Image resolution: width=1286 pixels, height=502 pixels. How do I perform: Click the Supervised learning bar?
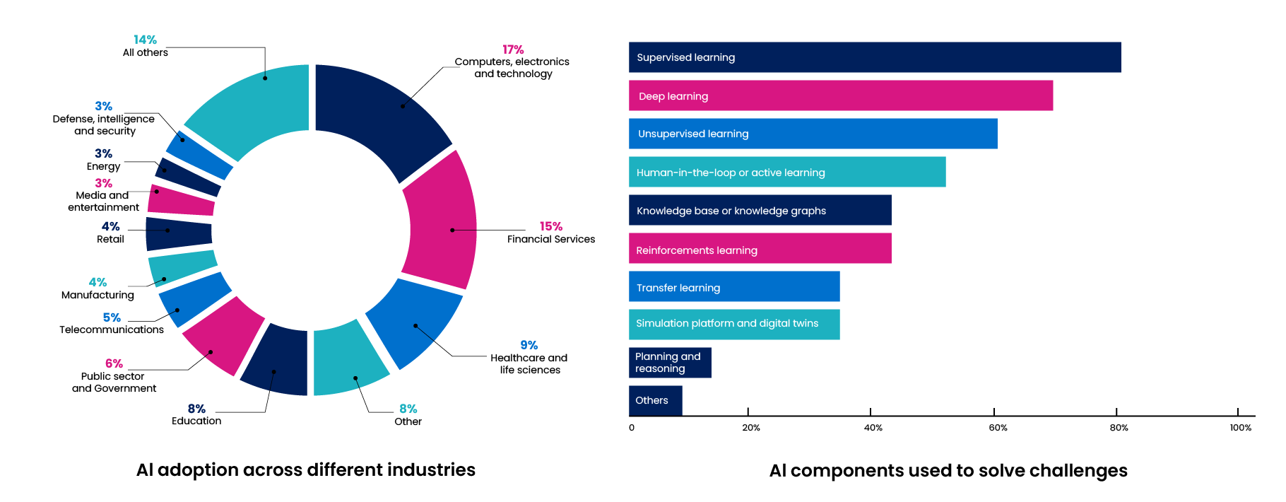875,57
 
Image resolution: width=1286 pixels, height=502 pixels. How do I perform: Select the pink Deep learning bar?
841,95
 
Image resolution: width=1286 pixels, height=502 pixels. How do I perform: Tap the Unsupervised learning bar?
813,134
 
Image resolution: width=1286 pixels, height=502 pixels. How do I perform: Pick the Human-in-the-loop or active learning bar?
787,172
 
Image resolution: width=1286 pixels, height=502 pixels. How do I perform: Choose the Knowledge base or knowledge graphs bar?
760,210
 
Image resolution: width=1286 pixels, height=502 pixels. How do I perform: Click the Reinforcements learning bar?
760,248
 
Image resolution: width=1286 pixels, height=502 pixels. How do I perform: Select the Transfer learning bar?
734,286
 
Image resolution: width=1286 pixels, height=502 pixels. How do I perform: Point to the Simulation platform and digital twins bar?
734,325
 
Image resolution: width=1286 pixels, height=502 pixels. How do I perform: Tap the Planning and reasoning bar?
670,363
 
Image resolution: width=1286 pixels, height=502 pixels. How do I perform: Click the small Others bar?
655,400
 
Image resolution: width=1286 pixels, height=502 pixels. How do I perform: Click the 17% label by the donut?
513,49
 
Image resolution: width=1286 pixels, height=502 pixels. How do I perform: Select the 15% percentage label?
550,226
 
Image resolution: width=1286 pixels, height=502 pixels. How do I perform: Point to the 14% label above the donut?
145,40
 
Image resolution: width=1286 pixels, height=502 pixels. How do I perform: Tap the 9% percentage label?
529,345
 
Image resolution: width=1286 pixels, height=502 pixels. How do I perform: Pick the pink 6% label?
114,363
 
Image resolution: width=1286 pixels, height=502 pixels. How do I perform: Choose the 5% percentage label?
111,317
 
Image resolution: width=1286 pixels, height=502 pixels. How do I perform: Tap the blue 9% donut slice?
413,322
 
